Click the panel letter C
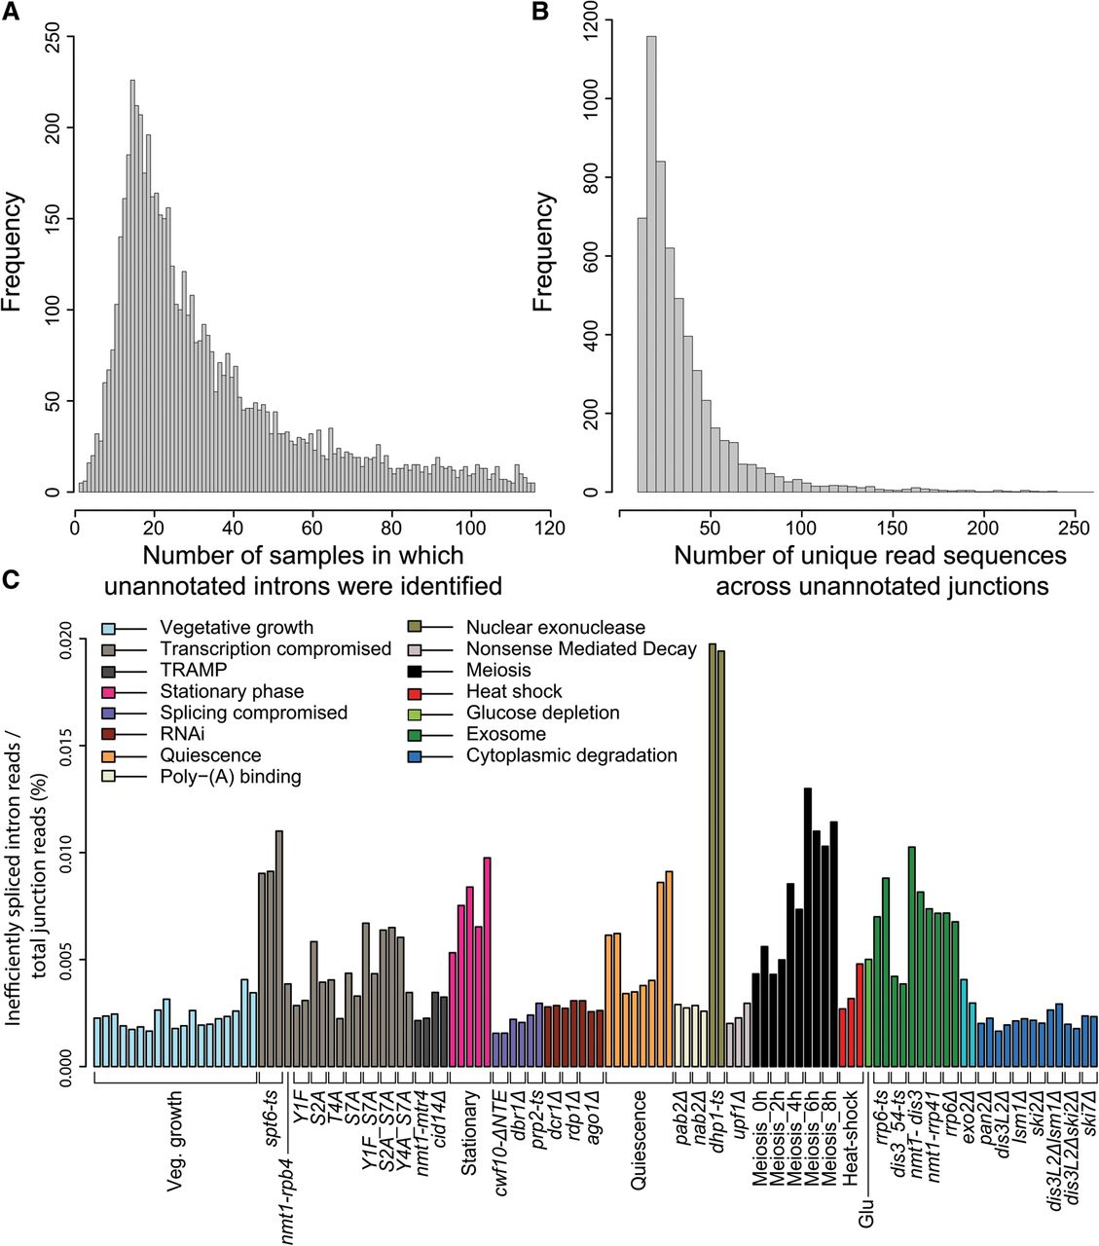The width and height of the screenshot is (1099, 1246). point(11,579)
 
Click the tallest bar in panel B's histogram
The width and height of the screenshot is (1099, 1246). point(651,263)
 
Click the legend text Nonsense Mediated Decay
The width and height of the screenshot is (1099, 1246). point(580,649)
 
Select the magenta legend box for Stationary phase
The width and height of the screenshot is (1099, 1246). point(110,692)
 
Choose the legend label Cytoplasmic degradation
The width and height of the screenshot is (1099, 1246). point(570,755)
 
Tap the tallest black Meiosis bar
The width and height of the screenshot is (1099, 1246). point(808,925)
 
